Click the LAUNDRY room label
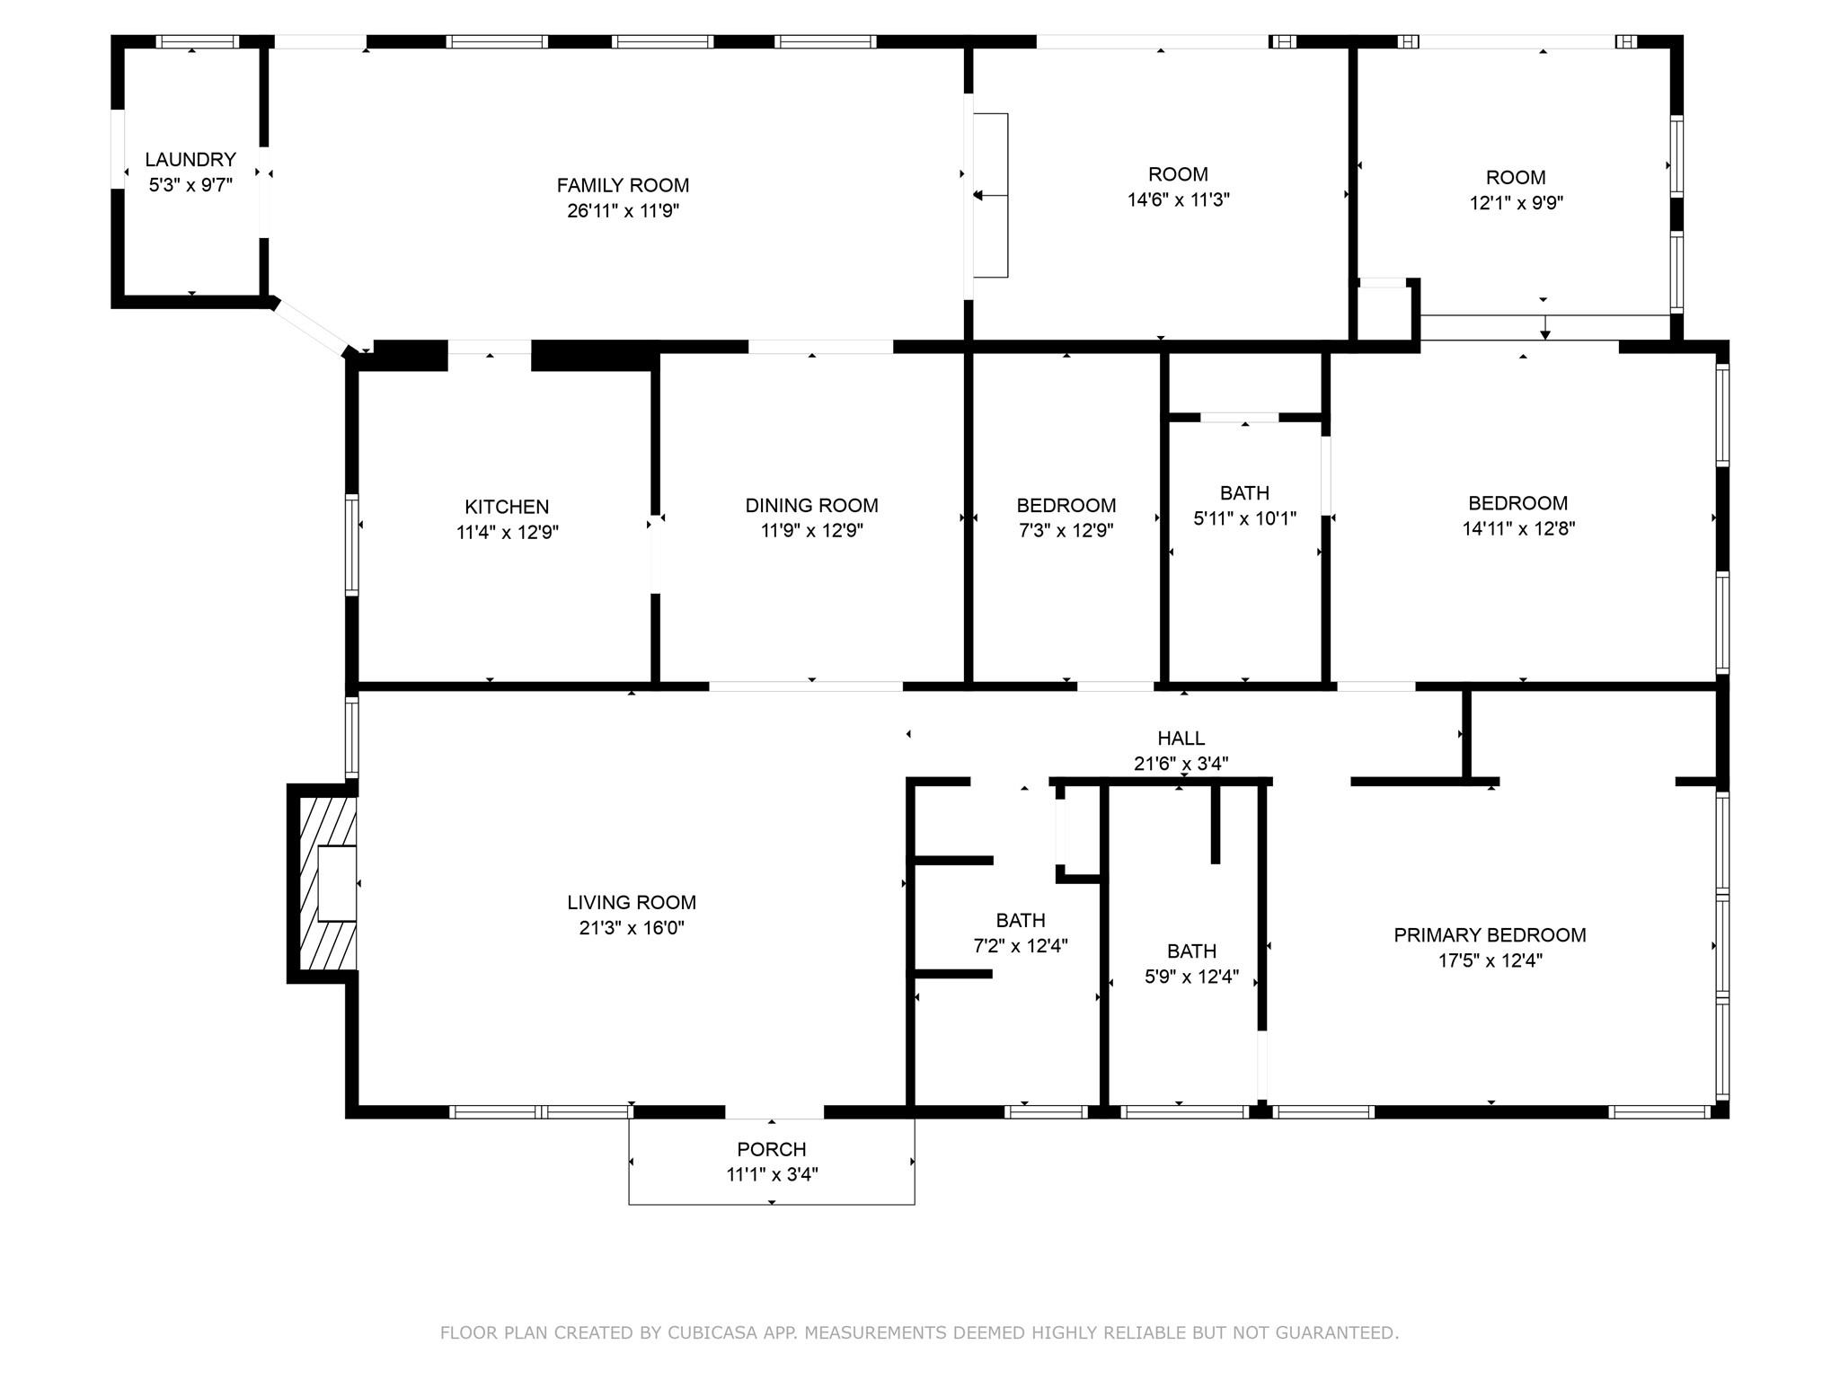click(190, 160)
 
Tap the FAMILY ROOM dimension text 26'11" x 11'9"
click(623, 211)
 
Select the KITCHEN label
click(507, 507)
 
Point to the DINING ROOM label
click(811, 506)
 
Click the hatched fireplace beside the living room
click(324, 883)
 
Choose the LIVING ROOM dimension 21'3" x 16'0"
click(632, 928)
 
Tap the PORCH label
click(771, 1149)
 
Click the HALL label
click(1181, 739)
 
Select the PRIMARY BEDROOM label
click(1490, 935)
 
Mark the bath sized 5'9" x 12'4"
click(1191, 963)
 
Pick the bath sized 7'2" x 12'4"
click(1021, 933)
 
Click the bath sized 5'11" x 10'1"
click(1244, 505)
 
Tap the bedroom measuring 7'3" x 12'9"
click(1066, 517)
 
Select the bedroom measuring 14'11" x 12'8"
click(1517, 516)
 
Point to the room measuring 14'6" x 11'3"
click(1178, 187)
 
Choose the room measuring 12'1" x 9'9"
click(1516, 190)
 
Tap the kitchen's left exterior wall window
click(352, 544)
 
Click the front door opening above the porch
click(774, 1112)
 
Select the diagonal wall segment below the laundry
click(310, 328)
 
